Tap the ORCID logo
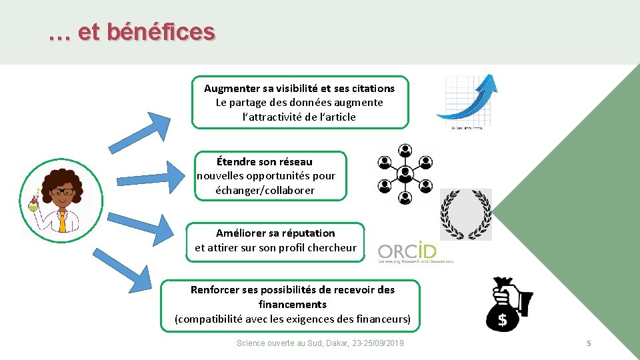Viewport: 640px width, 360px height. (407, 252)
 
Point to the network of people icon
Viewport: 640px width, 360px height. (405, 174)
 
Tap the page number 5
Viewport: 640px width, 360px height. (589, 343)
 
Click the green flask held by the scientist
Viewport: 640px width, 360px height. (33, 205)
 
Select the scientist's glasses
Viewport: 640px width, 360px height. (62, 193)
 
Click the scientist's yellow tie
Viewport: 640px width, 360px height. (62, 221)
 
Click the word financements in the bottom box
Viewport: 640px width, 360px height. (293, 304)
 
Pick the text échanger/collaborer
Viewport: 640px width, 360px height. (265, 190)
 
